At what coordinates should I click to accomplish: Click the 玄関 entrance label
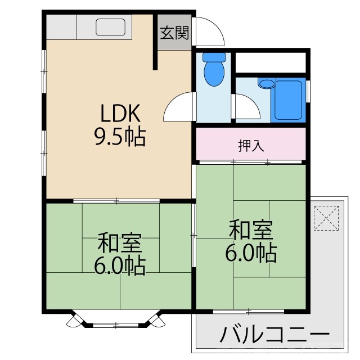click(x=174, y=33)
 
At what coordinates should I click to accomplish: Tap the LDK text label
click(x=119, y=114)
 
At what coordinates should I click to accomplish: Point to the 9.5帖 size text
click(x=119, y=136)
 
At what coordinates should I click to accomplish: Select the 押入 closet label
click(x=251, y=146)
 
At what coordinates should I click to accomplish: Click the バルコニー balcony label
click(x=274, y=335)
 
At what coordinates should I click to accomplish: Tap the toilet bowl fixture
click(x=214, y=74)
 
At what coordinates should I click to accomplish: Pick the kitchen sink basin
click(x=110, y=26)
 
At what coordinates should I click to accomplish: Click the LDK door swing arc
click(x=179, y=107)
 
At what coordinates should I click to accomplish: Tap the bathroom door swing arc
click(x=246, y=107)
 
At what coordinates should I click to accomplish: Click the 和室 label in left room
click(x=119, y=244)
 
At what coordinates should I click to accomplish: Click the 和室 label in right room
click(x=251, y=231)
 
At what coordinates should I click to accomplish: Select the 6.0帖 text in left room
click(x=119, y=265)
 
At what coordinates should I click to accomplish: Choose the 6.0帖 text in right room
click(x=251, y=253)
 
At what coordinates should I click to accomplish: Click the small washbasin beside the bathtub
click(x=267, y=84)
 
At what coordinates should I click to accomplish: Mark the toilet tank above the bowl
click(x=214, y=57)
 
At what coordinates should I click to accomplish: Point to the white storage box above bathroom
click(x=270, y=61)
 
